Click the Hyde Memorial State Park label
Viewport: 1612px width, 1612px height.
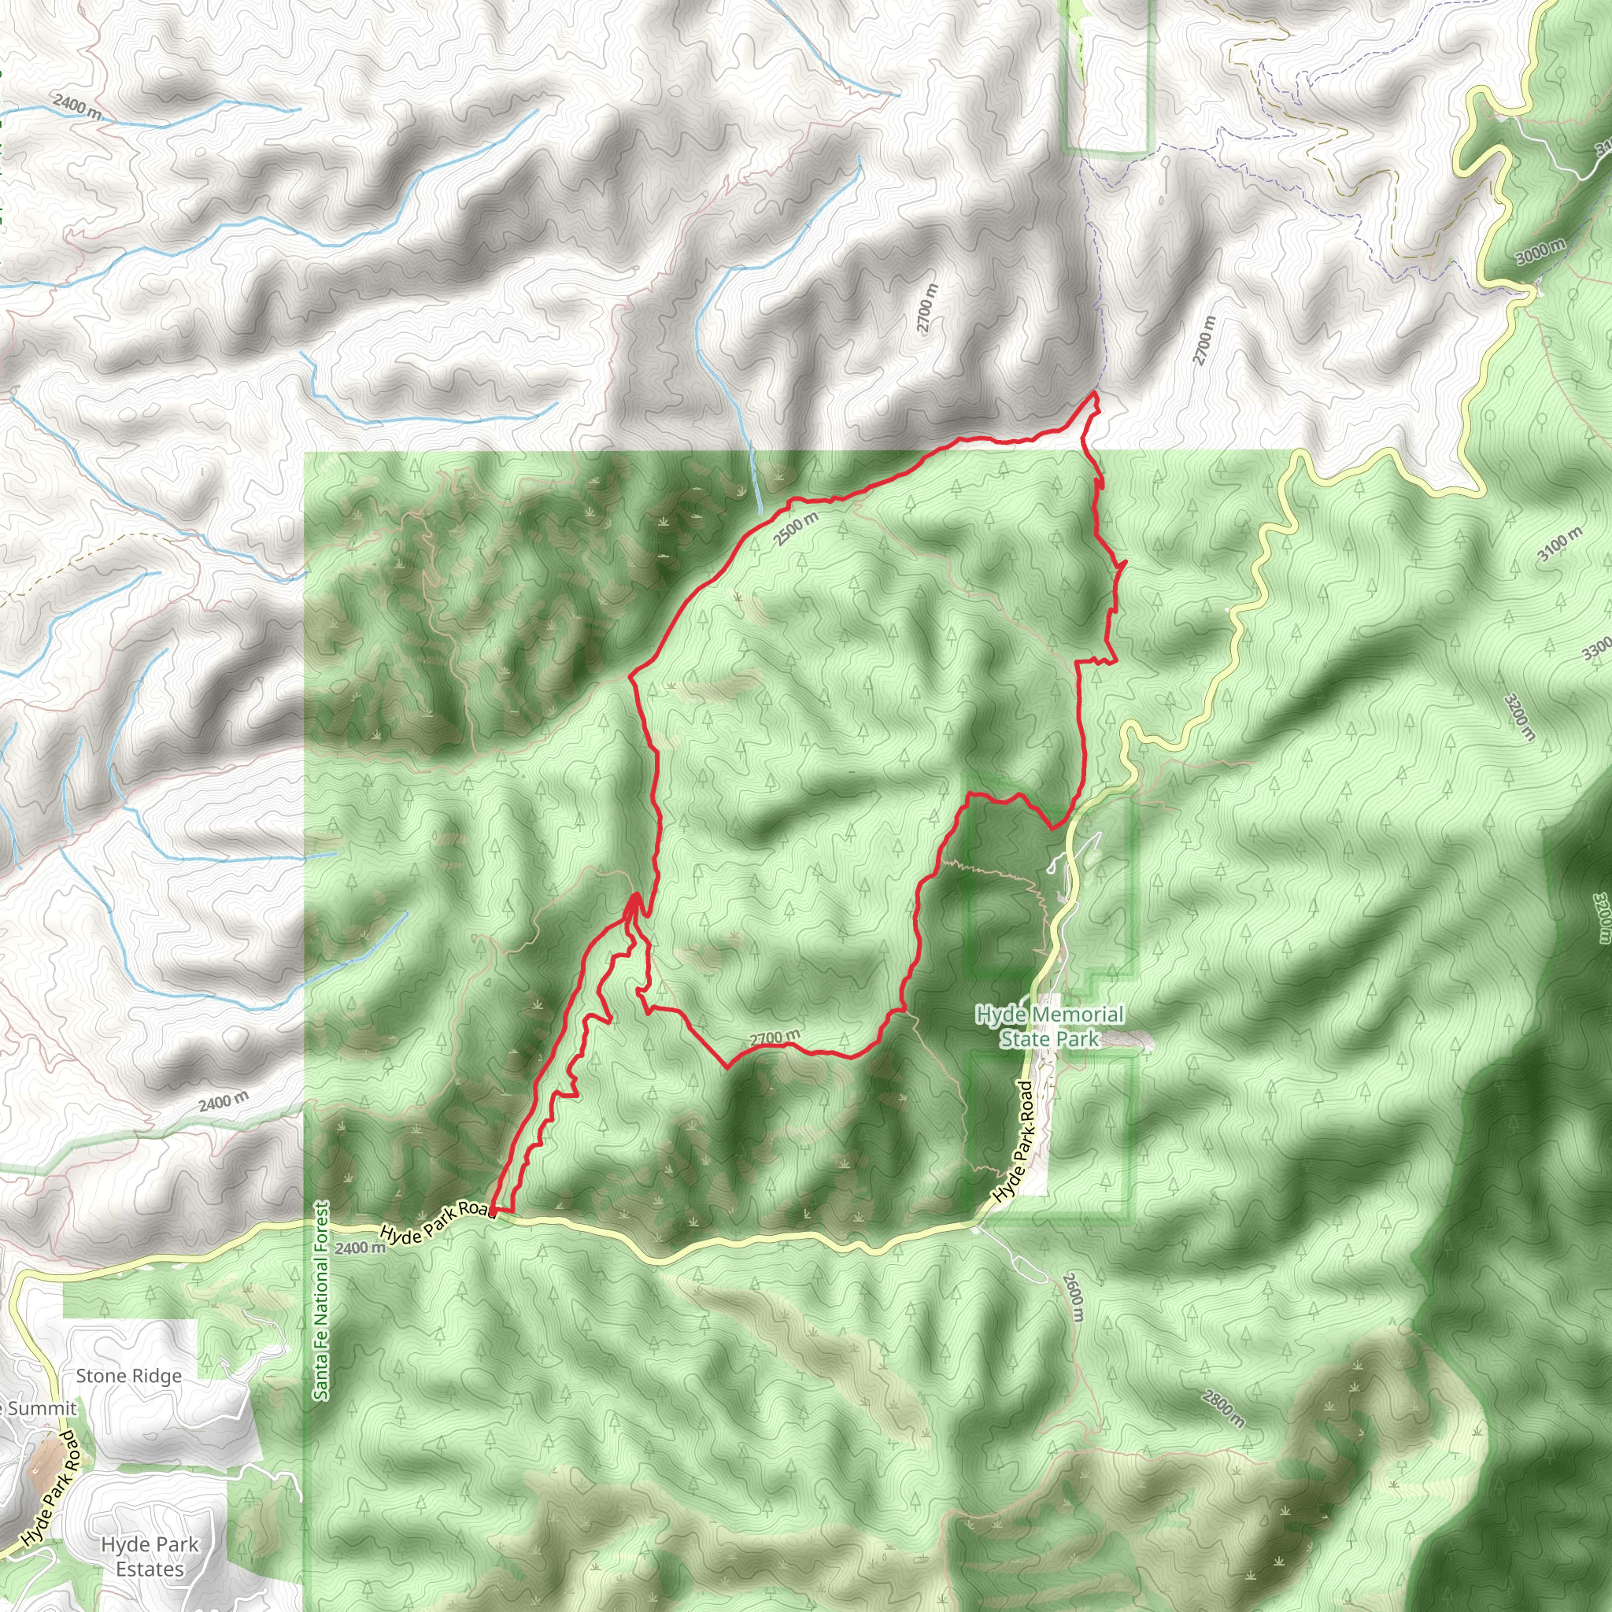point(1050,1026)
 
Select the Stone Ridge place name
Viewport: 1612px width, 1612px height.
point(128,1376)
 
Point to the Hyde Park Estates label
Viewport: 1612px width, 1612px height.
point(150,1556)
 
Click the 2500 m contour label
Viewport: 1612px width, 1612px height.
point(795,529)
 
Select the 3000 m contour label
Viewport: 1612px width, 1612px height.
point(1540,250)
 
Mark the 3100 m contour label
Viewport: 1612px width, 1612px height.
point(1559,545)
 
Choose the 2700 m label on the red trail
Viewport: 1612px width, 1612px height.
point(775,1038)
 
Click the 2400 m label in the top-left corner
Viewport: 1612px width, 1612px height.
point(78,108)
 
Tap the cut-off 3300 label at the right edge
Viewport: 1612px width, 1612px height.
point(1597,649)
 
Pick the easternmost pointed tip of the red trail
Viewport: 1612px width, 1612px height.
point(1126,564)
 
